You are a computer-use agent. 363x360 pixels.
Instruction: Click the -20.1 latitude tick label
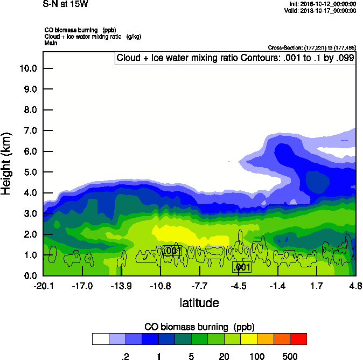[x=43, y=286]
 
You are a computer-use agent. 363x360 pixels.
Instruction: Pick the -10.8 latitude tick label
[x=160, y=286]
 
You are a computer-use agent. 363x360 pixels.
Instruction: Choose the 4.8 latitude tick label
[x=355, y=286]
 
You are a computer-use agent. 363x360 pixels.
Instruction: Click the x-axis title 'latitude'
[x=199, y=303]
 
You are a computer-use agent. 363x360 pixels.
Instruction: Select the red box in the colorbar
[x=298, y=339]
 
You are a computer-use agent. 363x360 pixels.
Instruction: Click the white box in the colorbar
[x=100, y=339]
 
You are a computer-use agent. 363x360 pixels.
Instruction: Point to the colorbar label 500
[x=290, y=356]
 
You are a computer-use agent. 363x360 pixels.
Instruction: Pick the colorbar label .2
[x=125, y=356]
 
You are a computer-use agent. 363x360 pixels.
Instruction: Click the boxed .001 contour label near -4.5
[x=242, y=267]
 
